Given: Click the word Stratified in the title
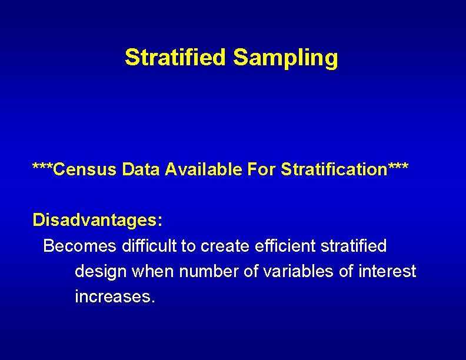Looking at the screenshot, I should tap(175, 58).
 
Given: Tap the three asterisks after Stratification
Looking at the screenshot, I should tap(397, 168).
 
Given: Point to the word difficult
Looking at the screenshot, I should tap(149, 245).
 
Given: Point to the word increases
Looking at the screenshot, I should tap(115, 296).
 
